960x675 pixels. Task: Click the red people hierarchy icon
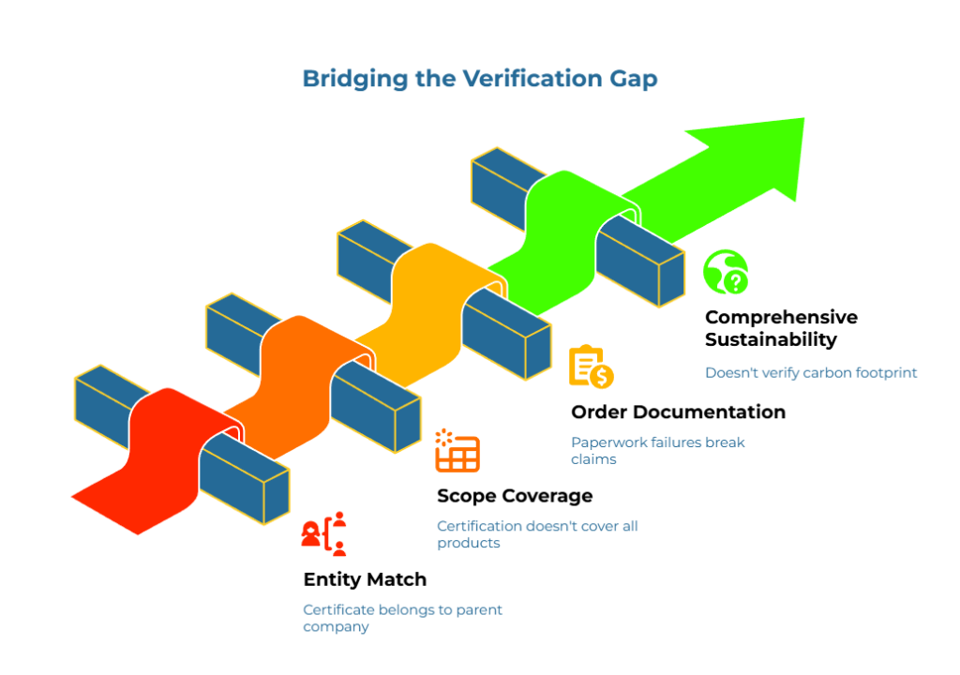pos(324,534)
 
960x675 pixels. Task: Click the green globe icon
pos(726,272)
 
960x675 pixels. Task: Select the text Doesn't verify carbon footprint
pos(811,372)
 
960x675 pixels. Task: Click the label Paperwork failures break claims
pos(657,450)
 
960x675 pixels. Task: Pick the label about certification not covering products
pos(537,534)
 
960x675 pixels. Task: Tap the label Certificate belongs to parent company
pos(402,618)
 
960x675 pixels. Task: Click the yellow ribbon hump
pos(427,277)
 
